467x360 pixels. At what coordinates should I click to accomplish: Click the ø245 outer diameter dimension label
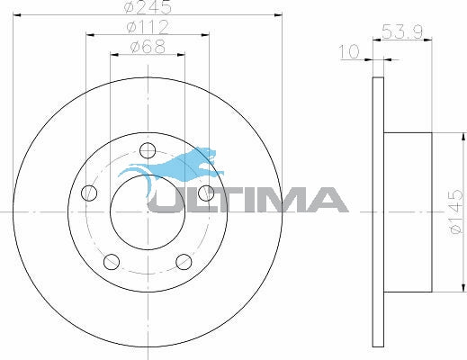[x=148, y=6]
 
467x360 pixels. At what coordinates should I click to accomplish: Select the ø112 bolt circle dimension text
[x=148, y=27]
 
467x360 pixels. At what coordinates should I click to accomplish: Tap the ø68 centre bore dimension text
[x=148, y=47]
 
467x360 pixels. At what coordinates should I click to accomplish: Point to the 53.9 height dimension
[x=402, y=31]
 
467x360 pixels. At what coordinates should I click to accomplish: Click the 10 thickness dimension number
[x=349, y=51]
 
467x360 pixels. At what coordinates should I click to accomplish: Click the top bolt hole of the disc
[x=148, y=150]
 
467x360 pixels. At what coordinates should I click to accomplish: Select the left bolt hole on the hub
[x=89, y=193]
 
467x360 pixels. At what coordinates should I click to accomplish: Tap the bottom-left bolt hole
[x=112, y=262]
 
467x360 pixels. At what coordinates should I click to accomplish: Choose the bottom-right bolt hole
[x=184, y=262]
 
